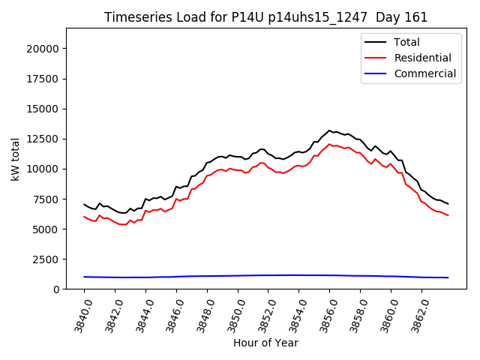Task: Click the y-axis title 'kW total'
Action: point(15,158)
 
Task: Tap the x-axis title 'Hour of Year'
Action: point(265,343)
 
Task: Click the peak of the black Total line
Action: point(329,130)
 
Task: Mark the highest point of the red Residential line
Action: point(329,144)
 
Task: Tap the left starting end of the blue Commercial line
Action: point(84,277)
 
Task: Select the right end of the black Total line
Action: point(448,204)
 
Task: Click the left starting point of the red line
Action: point(84,217)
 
